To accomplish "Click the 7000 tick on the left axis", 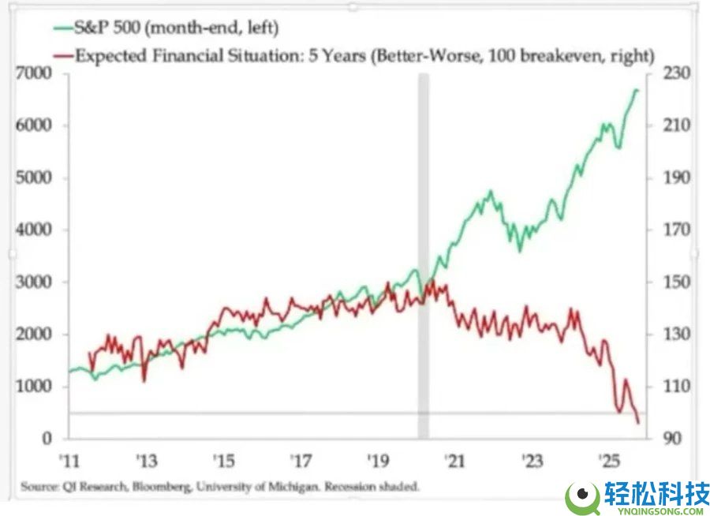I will (x=36, y=73).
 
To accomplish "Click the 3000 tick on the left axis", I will (x=36, y=282).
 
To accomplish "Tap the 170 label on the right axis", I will (x=662, y=230).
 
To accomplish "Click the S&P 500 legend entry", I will (x=178, y=29).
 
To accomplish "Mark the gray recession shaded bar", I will (x=424, y=252).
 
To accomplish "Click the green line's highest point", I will (x=637, y=90).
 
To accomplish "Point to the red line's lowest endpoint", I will (x=637, y=424).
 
